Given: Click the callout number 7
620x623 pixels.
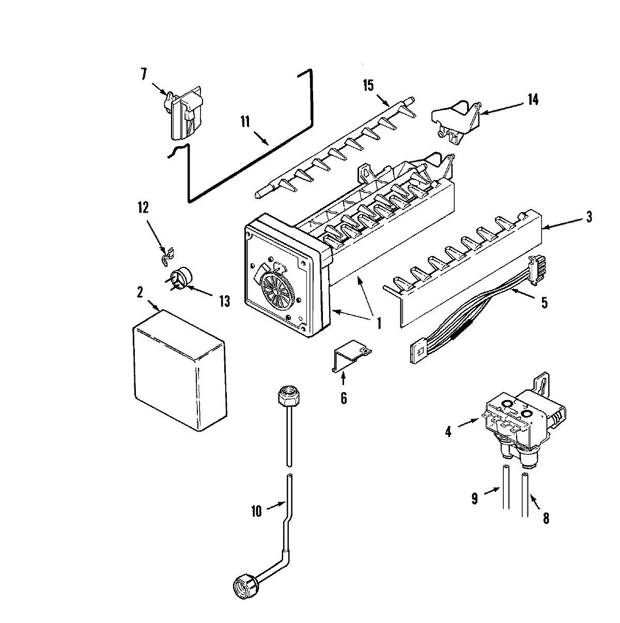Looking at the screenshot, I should click(143, 74).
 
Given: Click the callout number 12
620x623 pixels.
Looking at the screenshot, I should click(143, 208).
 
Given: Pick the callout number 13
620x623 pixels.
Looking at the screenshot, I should click(224, 301).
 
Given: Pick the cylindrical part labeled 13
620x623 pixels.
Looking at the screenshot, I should click(179, 279).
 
